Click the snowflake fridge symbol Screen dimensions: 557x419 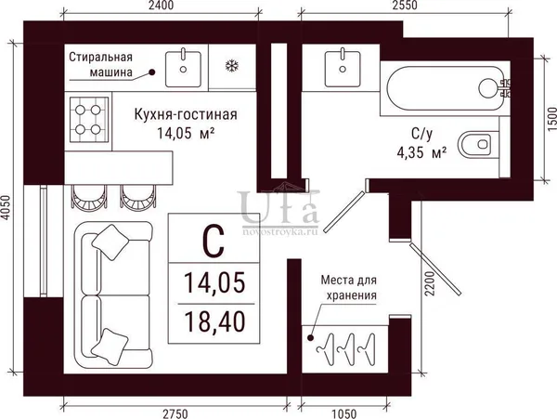pos(232,66)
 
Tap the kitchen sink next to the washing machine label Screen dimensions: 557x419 pos(183,68)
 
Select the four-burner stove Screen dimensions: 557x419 pos(88,120)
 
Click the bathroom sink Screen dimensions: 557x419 pos(343,68)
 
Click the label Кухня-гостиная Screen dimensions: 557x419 pos(186,114)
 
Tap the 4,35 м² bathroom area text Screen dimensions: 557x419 pos(421,152)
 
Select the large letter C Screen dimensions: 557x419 pos(214,241)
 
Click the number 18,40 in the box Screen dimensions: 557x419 pos(214,321)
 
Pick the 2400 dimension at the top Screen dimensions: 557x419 pos(161,6)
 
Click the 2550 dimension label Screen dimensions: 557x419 pos(405,6)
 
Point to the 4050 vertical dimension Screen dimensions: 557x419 pos(6,207)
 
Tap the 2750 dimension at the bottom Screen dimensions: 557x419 pos(175,413)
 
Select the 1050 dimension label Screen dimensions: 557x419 pos(343,413)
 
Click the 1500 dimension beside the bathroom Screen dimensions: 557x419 pos(551,119)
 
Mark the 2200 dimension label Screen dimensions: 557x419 pos(430,283)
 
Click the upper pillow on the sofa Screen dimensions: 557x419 pos(110,242)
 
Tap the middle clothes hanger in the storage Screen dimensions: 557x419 pos(346,349)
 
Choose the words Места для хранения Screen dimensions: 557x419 pos(349,287)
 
